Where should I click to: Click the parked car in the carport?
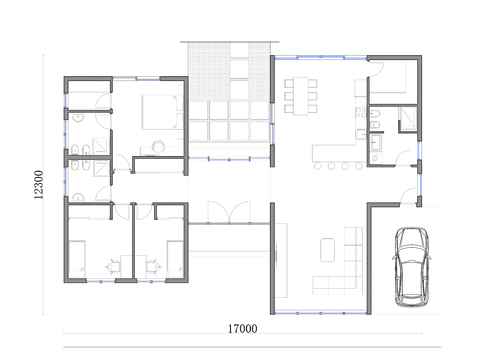(x=410, y=265)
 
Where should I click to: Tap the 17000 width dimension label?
(x=241, y=328)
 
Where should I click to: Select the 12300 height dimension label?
(x=37, y=185)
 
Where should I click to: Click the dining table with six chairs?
(x=301, y=96)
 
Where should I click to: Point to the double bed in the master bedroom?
(x=160, y=110)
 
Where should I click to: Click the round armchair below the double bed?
(x=158, y=147)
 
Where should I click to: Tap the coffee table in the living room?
(x=328, y=245)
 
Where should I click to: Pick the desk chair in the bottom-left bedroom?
(x=112, y=265)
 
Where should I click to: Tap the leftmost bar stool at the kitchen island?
(x=317, y=165)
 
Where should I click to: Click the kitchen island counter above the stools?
(x=340, y=153)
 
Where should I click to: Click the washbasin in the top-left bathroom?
(x=75, y=116)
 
